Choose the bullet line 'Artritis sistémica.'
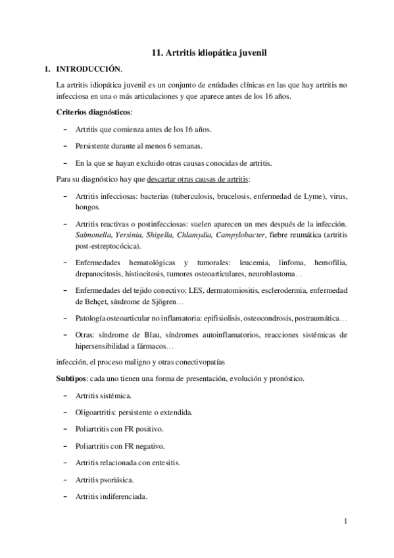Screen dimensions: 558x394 pyautogui.click(x=104, y=395)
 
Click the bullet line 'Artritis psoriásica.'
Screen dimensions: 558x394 pyautogui.click(x=105, y=480)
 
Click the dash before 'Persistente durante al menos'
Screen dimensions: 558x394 pyautogui.click(x=66, y=145)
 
